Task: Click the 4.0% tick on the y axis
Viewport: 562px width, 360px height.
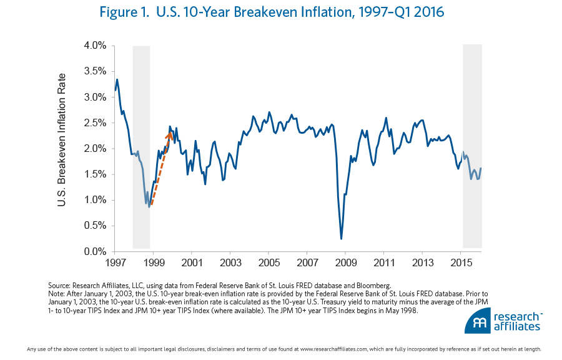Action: coord(94,46)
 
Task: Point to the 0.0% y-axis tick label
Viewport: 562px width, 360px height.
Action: coord(94,252)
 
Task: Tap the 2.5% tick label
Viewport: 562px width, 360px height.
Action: coord(94,123)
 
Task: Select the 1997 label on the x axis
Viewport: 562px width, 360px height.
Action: coord(114,262)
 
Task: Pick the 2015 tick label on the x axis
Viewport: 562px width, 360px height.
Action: coord(461,262)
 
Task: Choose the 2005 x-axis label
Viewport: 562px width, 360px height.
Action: coord(269,262)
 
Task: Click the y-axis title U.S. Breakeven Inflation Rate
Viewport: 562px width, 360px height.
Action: coord(62,148)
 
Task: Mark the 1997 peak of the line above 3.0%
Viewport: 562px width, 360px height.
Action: coord(117,79)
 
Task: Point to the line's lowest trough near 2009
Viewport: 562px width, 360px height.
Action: coord(341,238)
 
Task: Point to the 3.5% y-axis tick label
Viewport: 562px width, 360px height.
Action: coord(94,71)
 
